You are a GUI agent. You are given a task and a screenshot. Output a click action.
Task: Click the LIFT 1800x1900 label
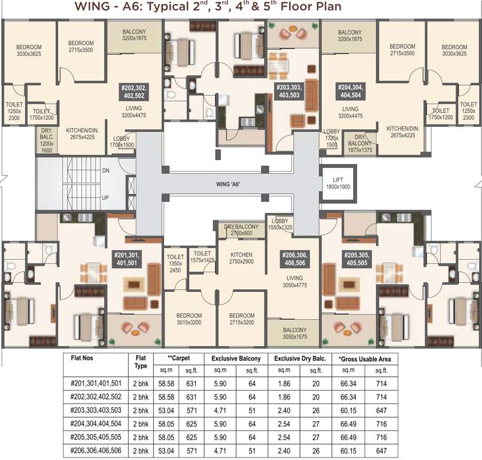click(339, 183)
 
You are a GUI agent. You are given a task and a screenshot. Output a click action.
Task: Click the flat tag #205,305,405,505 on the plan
click(359, 258)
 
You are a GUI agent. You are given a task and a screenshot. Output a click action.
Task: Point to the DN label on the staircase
click(105, 171)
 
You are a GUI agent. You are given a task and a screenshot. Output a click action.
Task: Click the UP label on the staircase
click(105, 197)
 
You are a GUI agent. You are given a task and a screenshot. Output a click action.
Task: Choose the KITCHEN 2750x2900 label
click(241, 258)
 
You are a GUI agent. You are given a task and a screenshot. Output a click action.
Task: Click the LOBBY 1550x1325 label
click(279, 224)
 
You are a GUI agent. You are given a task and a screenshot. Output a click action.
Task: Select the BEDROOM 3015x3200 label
click(189, 319)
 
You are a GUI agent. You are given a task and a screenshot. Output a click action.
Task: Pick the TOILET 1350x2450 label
click(175, 264)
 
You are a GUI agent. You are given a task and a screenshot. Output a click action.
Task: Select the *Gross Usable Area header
click(365, 359)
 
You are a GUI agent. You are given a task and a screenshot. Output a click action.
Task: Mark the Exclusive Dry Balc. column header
click(299, 359)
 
